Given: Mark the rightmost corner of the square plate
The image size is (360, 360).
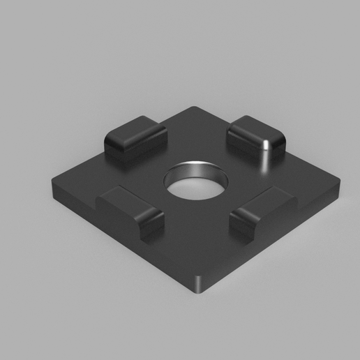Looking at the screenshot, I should (x=341, y=186).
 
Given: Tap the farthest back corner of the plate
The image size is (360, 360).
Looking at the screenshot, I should (x=195, y=107).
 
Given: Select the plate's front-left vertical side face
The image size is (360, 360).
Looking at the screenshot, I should (x=119, y=241).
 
